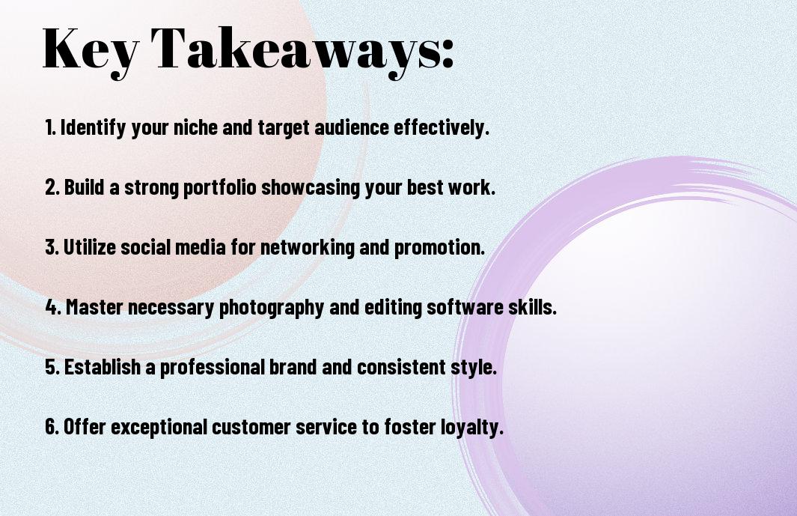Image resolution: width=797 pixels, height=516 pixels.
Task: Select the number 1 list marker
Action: pos(50,127)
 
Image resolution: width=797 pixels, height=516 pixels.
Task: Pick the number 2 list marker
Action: pos(52,187)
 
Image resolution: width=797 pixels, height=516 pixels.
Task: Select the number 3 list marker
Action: pos(52,247)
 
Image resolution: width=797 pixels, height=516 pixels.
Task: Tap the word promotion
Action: pos(439,248)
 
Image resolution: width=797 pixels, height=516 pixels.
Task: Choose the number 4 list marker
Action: pos(53,307)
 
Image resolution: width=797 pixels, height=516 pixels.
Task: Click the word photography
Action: pos(272,308)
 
